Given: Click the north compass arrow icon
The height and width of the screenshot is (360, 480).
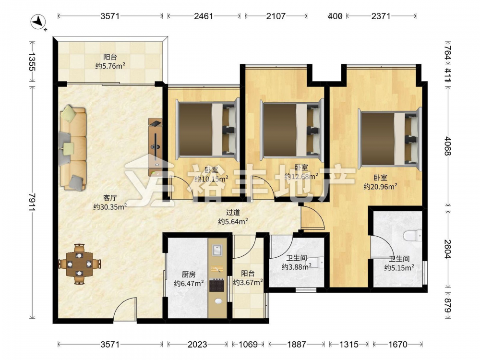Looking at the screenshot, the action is [x=38, y=23].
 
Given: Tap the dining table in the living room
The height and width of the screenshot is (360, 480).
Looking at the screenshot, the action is [x=80, y=264].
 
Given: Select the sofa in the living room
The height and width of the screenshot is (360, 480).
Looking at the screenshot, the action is [x=73, y=148].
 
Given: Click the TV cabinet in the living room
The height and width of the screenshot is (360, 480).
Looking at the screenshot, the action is [x=156, y=147].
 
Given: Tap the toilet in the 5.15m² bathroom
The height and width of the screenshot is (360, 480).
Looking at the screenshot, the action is [x=413, y=236].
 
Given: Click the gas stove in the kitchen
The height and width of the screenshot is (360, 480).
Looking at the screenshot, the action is [x=217, y=285].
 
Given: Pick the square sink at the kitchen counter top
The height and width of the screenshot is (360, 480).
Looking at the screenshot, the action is [x=217, y=250].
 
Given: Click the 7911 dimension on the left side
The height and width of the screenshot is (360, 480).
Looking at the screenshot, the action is [x=33, y=202].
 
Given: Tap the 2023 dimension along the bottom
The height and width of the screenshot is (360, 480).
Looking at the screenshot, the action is [x=197, y=345].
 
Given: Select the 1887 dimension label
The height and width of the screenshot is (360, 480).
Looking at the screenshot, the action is [x=296, y=345].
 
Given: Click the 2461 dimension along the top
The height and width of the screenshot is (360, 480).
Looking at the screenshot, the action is [x=204, y=16].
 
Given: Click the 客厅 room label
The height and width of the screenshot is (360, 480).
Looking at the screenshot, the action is [x=110, y=198].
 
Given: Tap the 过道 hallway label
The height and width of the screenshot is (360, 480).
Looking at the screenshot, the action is [x=233, y=213].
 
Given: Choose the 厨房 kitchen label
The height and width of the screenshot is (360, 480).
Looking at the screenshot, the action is [x=189, y=275].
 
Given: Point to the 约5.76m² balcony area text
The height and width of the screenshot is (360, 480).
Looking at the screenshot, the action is [x=110, y=65].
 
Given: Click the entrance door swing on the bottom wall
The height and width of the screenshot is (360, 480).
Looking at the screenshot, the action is [x=124, y=309].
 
